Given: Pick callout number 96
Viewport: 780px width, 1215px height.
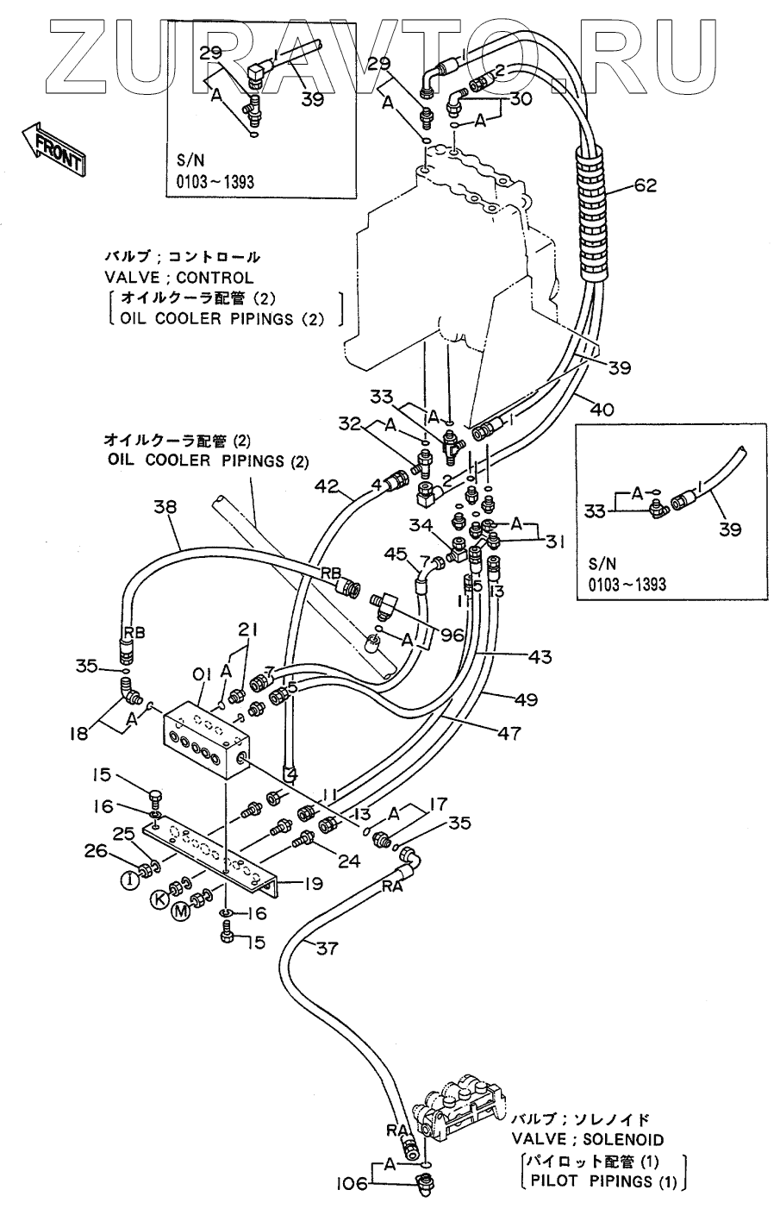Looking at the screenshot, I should coord(451,635).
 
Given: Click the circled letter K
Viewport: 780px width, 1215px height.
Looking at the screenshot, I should coord(159,899).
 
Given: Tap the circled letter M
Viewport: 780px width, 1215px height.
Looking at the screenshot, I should coord(179,912).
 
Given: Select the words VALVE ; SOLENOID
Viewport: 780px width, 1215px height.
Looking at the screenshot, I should coord(588,1139).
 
